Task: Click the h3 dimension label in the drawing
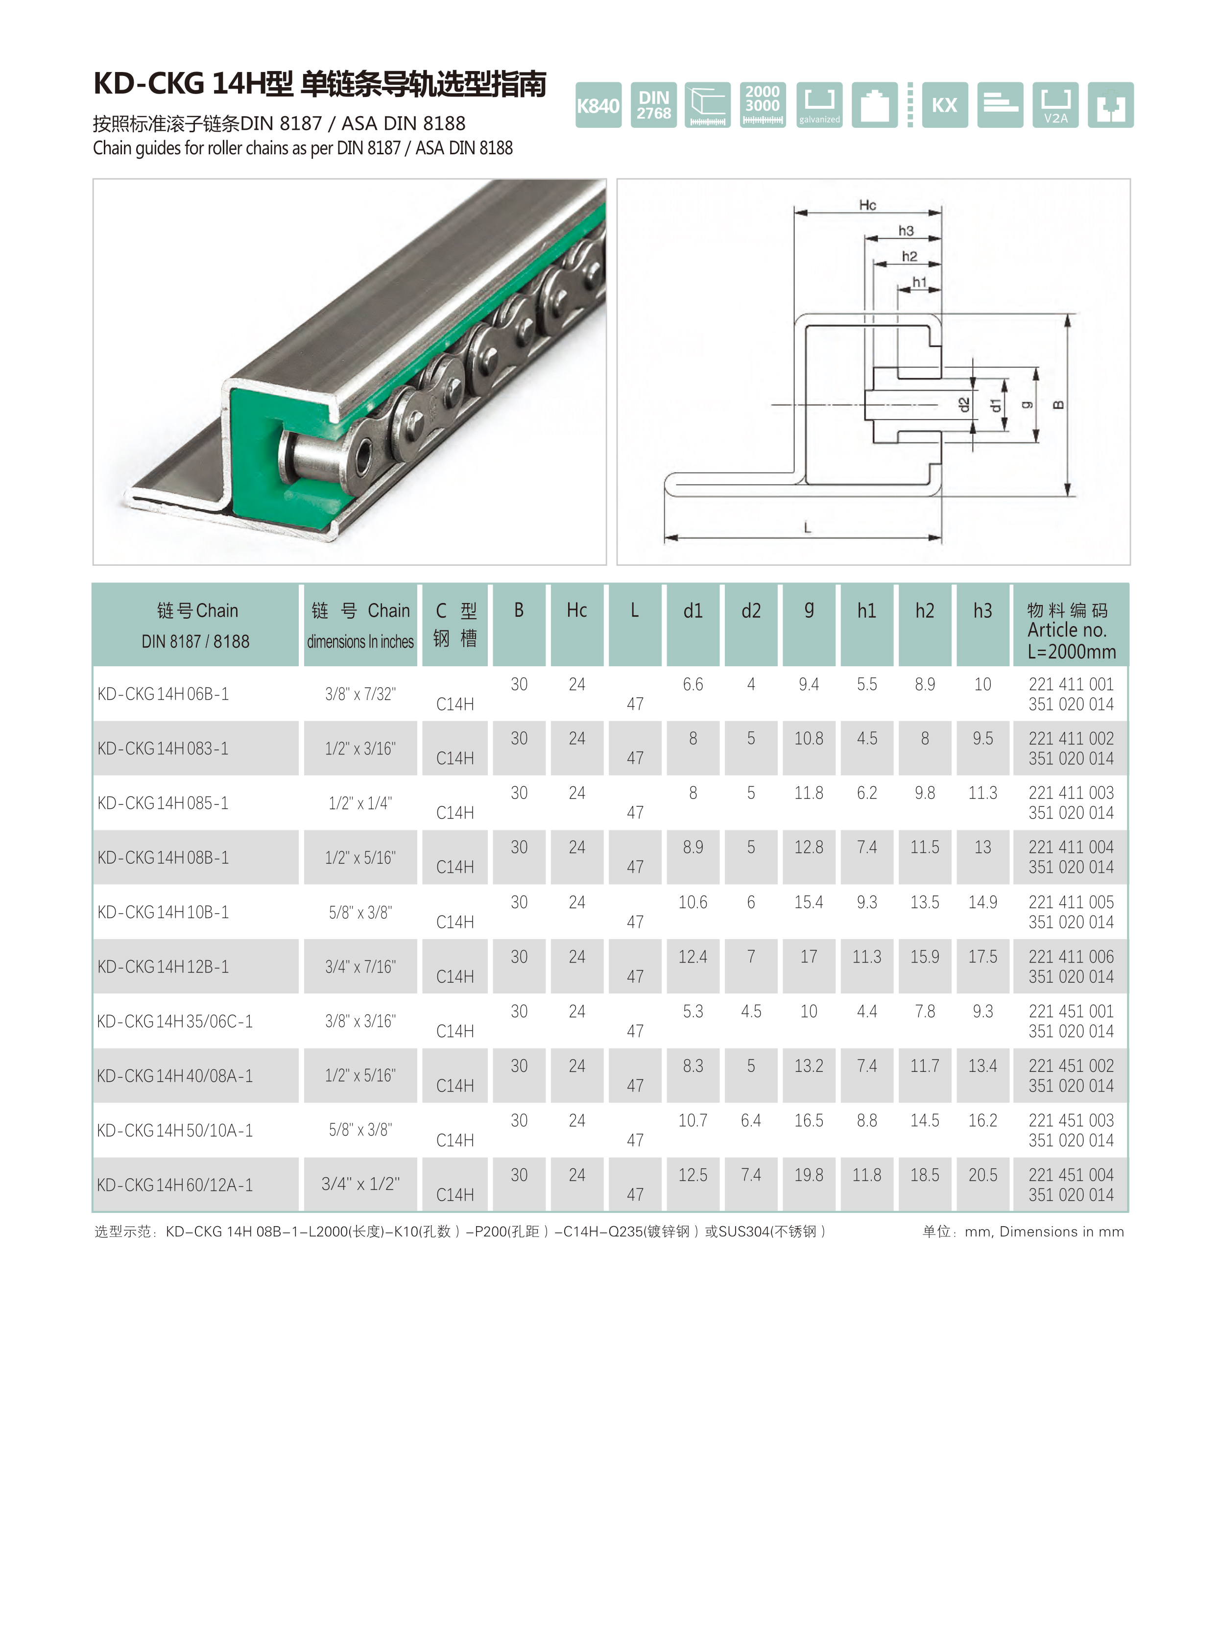pos(906,231)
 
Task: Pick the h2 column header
pos(925,610)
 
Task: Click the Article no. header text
pos(1067,630)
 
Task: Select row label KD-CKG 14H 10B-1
pos(163,912)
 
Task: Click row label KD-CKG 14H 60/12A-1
pos(175,1185)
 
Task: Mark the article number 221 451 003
pos(1071,1121)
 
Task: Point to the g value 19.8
pos(809,1175)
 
